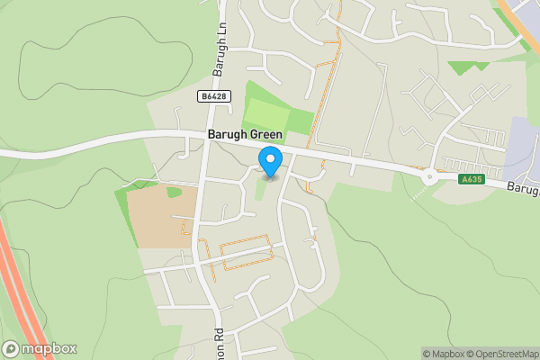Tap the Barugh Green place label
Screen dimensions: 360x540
click(245, 135)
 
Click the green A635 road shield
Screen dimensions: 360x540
click(470, 178)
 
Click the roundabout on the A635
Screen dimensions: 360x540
click(429, 177)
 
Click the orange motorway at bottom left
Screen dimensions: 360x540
click(20, 297)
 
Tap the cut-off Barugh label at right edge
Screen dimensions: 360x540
click(521, 188)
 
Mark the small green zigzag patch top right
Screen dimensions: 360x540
click(468, 67)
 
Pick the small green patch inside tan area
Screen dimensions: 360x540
click(174, 192)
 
